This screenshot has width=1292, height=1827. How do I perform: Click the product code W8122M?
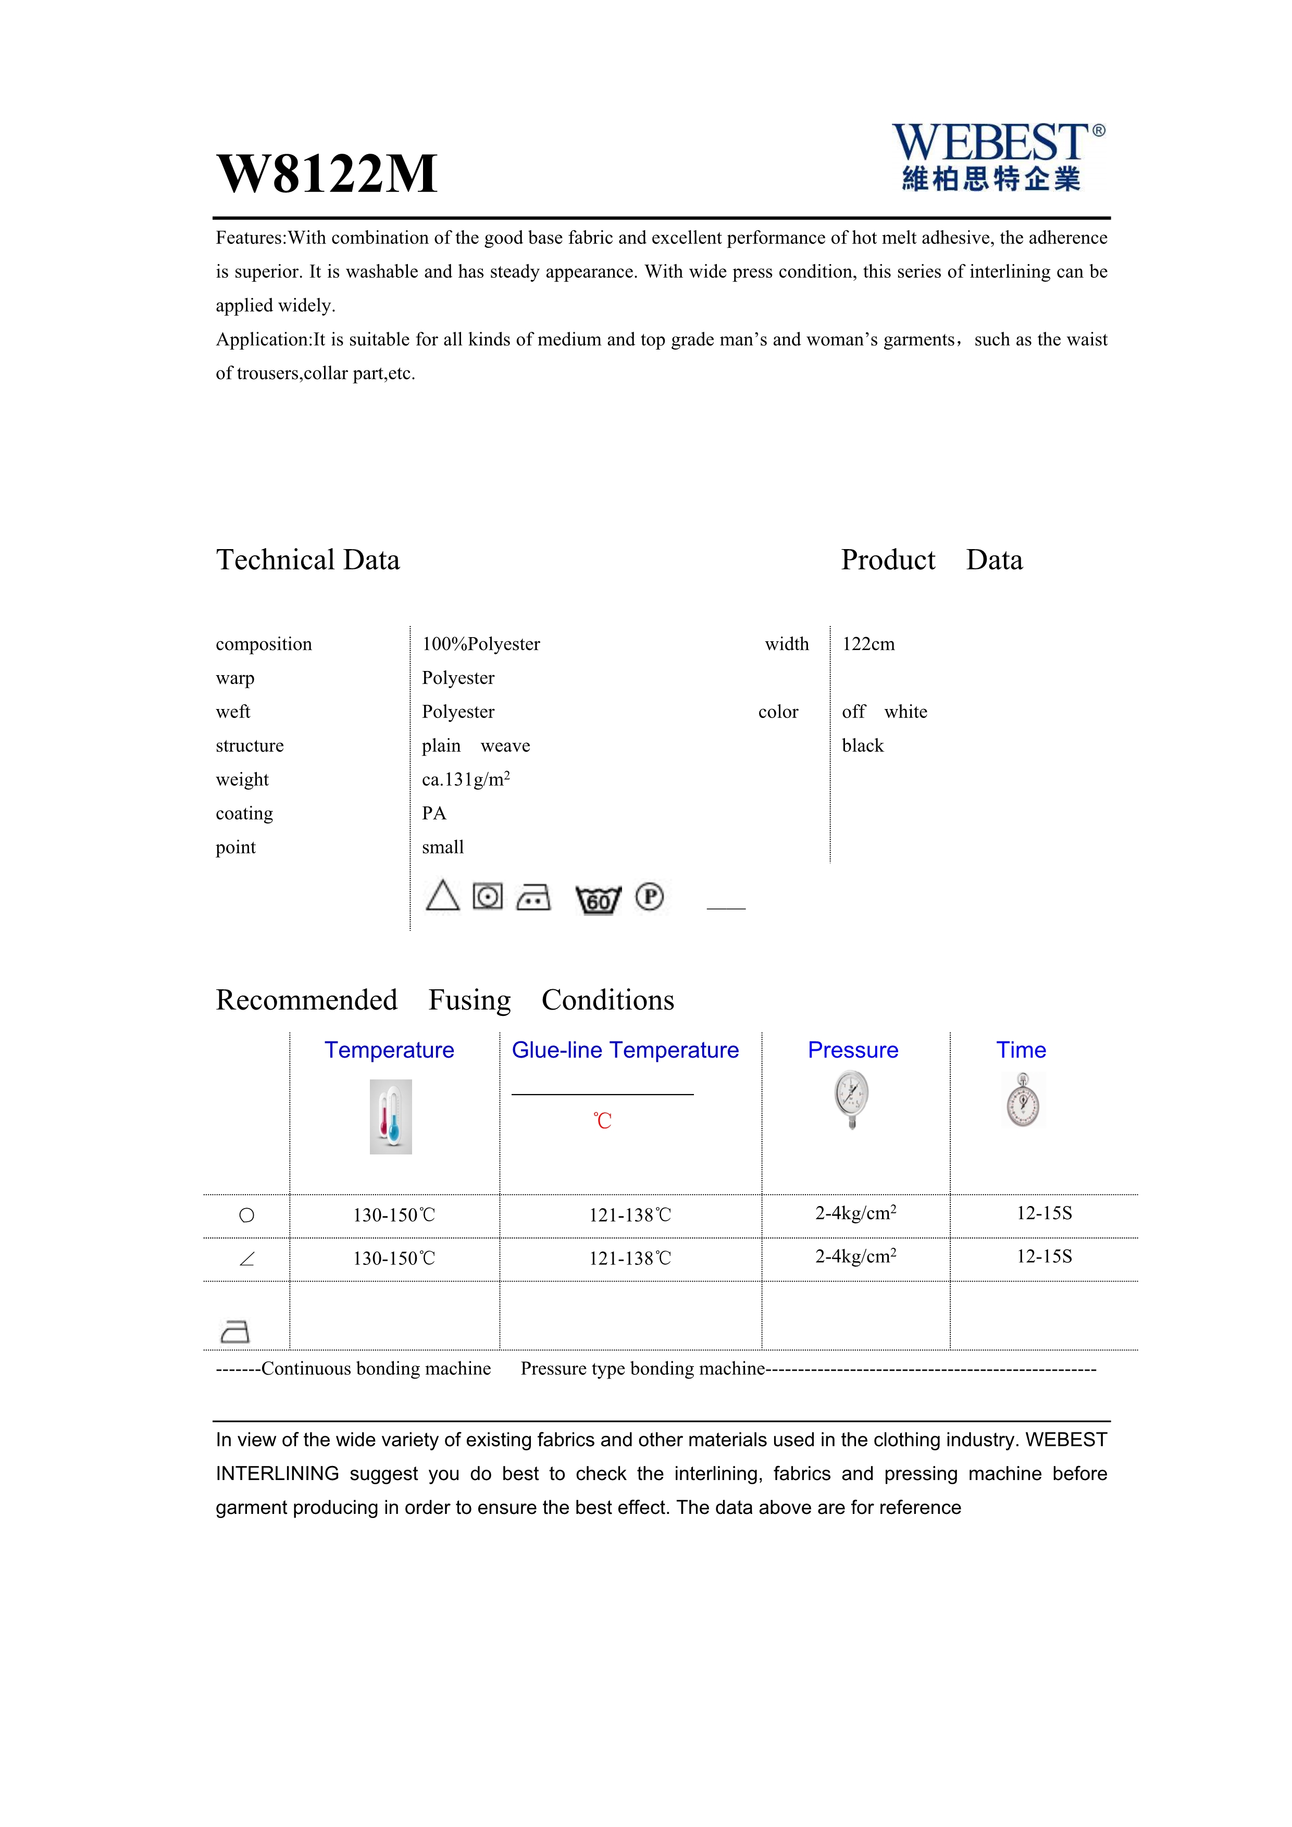pos(327,173)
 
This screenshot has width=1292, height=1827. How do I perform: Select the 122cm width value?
pos(868,644)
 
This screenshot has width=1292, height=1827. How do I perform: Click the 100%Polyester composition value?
pos(480,644)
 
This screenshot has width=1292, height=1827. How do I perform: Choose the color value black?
pos(862,745)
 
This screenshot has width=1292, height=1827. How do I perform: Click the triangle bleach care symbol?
pos(442,896)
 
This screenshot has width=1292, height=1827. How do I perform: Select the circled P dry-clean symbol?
pos(649,897)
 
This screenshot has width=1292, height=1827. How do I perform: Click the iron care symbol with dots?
pos(533,898)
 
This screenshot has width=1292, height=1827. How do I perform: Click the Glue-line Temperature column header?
pos(625,1050)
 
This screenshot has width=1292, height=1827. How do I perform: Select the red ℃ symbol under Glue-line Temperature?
pos(602,1121)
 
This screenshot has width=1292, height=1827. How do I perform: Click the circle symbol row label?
pos(246,1215)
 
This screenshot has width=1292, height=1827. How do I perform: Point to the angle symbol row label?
pos(246,1259)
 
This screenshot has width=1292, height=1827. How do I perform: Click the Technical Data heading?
pos(308,560)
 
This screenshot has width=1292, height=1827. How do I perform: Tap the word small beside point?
pos(442,848)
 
